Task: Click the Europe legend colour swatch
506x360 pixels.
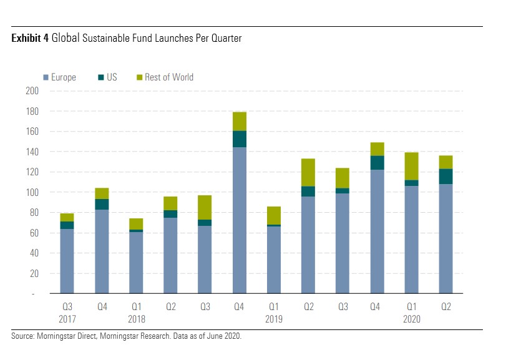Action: click(46, 77)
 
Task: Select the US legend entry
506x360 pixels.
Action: click(107, 77)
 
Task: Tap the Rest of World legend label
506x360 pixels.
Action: click(169, 77)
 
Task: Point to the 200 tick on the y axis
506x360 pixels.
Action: click(32, 91)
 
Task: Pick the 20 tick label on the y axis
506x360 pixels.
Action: click(34, 273)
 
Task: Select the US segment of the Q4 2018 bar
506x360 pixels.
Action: click(240, 139)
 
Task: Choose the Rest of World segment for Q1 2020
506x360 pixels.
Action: click(411, 166)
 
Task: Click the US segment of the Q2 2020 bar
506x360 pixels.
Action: click(445, 176)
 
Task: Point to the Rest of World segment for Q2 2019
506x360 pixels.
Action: click(308, 172)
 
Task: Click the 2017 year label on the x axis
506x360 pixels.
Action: click(67, 319)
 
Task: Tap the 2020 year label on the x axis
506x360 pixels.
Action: click(411, 319)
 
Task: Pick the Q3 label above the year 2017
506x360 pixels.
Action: click(67, 307)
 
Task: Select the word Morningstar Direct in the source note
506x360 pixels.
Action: click(66, 336)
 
